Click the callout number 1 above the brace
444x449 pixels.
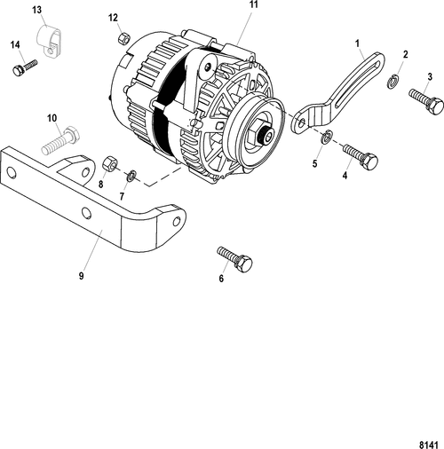pyautogui.click(x=357, y=42)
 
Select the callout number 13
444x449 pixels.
pyautogui.click(x=36, y=9)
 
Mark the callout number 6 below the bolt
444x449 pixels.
pyautogui.click(x=221, y=278)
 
